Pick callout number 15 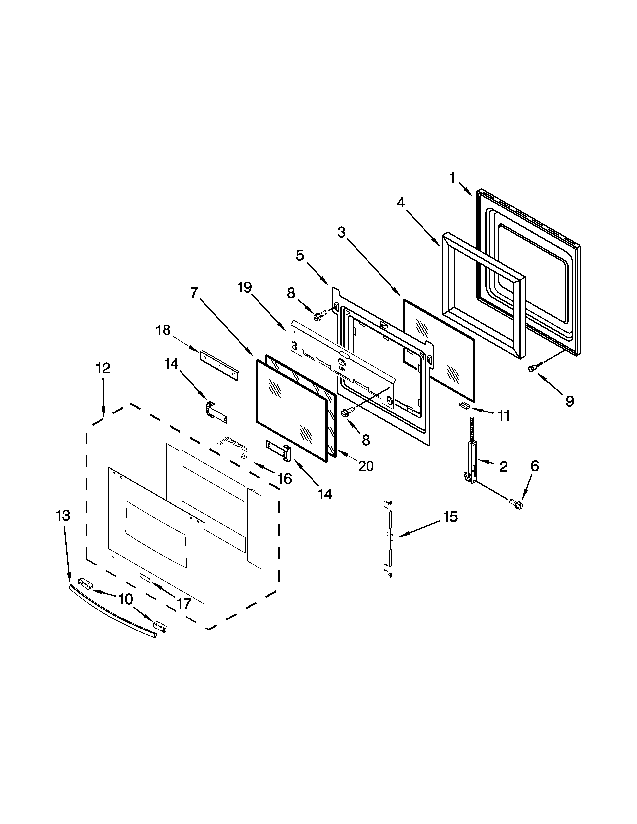(x=450, y=517)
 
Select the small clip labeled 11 (x=465, y=405)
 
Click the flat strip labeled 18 (x=219, y=365)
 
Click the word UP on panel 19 (x=342, y=368)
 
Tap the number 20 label (x=366, y=466)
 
